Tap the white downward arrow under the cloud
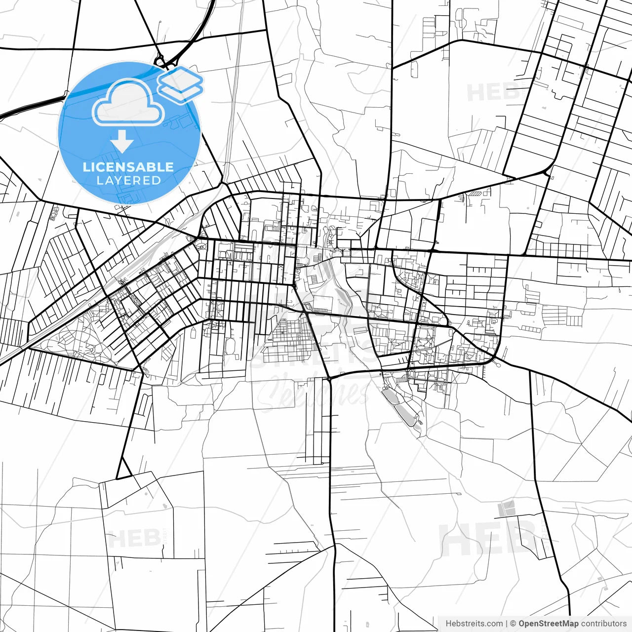click(122, 141)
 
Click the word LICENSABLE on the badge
click(128, 167)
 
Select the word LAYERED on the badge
click(128, 180)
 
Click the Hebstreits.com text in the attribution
click(474, 624)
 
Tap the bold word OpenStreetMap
click(548, 624)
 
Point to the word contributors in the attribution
click(603, 624)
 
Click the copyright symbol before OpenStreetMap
click(513, 624)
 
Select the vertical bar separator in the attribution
click(507, 624)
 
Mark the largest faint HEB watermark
click(489, 538)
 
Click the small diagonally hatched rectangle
click(475, 194)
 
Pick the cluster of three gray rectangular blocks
click(506, 509)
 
